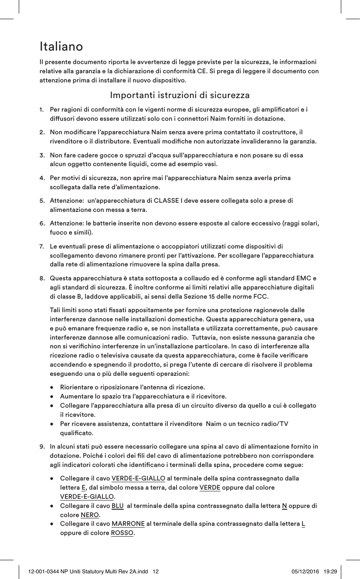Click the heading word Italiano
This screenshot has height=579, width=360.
(61, 46)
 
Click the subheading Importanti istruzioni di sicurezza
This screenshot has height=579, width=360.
(180, 95)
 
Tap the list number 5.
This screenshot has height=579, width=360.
(42, 201)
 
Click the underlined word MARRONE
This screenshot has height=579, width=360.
(128, 524)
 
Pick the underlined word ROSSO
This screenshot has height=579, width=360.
(122, 533)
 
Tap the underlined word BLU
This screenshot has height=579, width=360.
(117, 506)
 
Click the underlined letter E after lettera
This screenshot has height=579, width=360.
(83, 487)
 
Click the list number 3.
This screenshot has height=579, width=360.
(42, 155)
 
